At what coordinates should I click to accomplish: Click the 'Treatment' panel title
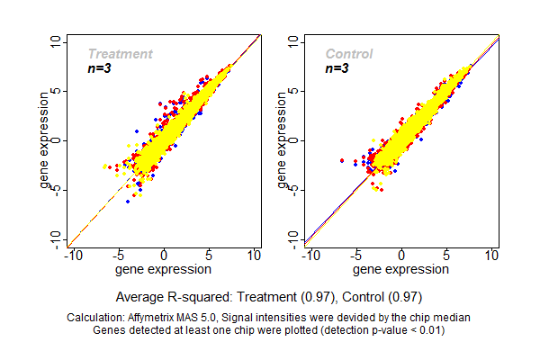click(120, 54)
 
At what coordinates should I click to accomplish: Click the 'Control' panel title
click(348, 54)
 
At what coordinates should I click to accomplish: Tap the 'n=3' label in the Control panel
click(337, 67)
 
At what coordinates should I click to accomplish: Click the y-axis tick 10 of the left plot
click(56, 42)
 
